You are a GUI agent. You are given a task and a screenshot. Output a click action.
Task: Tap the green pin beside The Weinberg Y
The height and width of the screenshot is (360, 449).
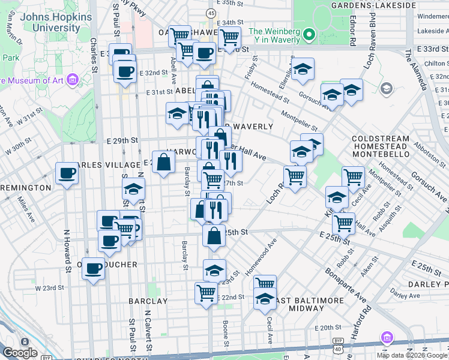pyautogui.click(x=309, y=34)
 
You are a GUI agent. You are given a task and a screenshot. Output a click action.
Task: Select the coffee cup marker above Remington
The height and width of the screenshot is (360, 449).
pyautogui.click(x=67, y=174)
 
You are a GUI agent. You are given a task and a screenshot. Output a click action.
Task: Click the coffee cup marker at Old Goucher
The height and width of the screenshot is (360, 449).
pyautogui.click(x=93, y=269)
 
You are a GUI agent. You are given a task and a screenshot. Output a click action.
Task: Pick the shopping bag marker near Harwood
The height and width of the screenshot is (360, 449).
pyautogui.click(x=163, y=161)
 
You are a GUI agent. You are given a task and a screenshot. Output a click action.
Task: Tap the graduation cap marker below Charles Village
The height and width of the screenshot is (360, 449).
pyautogui.click(x=133, y=190)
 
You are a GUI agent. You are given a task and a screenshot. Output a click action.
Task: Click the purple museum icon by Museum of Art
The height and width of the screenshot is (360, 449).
pyautogui.click(x=73, y=79)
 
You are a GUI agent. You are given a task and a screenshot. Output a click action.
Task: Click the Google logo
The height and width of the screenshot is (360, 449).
pyautogui.click(x=19, y=353)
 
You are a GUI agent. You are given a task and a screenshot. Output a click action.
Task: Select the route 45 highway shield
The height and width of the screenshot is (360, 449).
pyautogui.click(x=211, y=13)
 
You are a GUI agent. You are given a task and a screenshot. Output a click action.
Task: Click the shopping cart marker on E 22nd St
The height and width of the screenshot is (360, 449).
pyautogui.click(x=206, y=293)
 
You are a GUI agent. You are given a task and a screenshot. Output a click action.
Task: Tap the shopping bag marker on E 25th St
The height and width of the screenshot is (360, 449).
pyautogui.click(x=214, y=236)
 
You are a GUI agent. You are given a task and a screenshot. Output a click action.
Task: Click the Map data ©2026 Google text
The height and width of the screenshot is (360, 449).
pyautogui.click(x=411, y=355)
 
